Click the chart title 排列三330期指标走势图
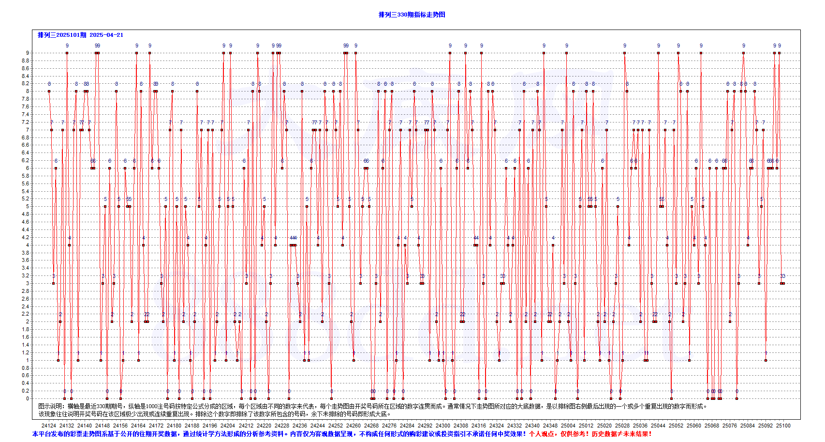coord(412,15)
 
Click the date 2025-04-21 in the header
coord(106,35)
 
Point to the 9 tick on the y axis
coord(28,53)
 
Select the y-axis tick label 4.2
coord(25,237)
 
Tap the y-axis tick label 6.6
coord(25,145)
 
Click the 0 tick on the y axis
coord(28,398)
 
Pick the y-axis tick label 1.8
coord(25,329)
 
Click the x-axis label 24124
coord(49,426)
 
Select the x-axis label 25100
coord(783,426)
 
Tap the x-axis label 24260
coord(354,426)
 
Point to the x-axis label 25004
coord(568,426)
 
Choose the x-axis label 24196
coord(210,426)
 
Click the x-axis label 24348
coord(550,426)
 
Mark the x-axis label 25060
coord(694,426)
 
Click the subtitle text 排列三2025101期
coord(62,35)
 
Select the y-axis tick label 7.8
coord(25,99)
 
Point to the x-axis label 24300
coord(443,426)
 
